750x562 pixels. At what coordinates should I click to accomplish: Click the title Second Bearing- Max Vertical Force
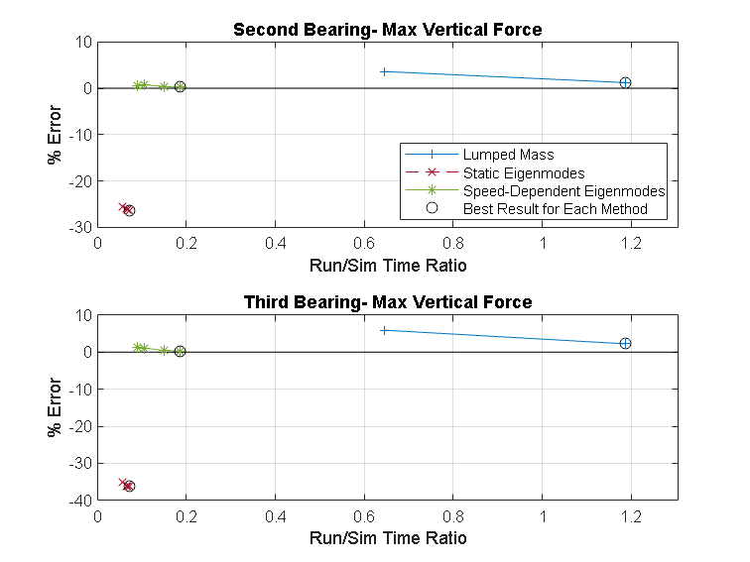click(387, 30)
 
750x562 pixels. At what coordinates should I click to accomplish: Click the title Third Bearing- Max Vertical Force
click(387, 302)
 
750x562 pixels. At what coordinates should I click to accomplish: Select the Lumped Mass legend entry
click(508, 155)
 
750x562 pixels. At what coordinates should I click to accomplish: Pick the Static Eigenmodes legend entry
click(510, 172)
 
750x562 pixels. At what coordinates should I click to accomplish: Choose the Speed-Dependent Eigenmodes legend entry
click(563, 190)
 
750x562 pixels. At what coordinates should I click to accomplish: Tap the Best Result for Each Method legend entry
click(555, 208)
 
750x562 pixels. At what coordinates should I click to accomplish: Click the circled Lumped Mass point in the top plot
click(625, 82)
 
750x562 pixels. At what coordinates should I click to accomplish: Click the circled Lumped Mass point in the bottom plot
click(625, 343)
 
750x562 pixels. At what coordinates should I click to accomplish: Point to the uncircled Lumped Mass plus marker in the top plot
click(384, 71)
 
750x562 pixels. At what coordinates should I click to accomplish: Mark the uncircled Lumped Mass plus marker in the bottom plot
click(384, 330)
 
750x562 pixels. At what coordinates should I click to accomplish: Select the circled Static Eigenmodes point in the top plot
click(129, 210)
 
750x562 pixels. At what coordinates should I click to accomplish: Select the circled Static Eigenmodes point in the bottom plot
click(129, 486)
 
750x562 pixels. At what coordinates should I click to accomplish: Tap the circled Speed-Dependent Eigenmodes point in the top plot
click(180, 87)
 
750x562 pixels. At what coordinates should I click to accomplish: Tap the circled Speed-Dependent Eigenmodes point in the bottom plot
click(180, 351)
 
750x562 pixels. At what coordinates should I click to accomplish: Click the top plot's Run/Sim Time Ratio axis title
click(387, 265)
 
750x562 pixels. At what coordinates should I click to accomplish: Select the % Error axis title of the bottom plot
click(56, 407)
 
